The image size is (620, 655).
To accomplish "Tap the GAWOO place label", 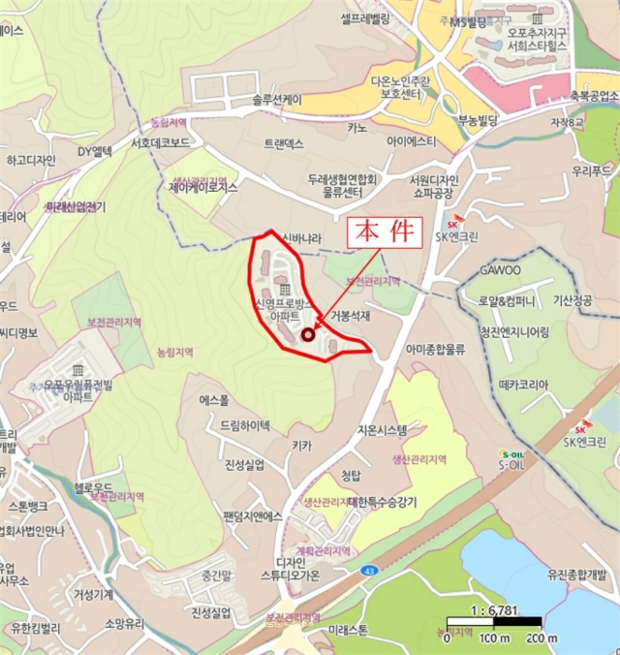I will pos(500,269).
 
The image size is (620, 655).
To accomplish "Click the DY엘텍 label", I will pos(94,151).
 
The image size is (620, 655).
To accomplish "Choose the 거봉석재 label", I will pos(350,316).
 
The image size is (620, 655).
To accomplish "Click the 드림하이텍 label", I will pos(244,424).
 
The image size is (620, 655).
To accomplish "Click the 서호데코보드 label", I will pos(161,143).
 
